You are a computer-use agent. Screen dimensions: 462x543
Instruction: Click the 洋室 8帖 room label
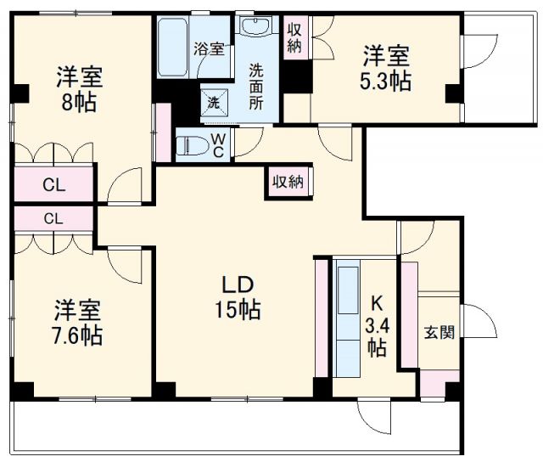tap(80, 88)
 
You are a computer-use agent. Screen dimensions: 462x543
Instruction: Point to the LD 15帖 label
tap(237, 298)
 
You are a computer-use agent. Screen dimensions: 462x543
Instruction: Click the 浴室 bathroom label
tap(209, 48)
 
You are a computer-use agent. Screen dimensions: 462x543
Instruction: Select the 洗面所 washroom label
tap(256, 83)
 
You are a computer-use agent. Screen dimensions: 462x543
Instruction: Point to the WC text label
tap(217, 145)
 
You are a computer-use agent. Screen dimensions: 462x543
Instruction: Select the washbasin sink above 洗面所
tap(255, 26)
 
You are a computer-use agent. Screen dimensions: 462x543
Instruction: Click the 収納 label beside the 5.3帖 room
tap(294, 38)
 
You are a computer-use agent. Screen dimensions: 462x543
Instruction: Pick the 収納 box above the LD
tap(288, 182)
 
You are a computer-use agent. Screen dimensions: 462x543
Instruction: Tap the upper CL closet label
tap(53, 184)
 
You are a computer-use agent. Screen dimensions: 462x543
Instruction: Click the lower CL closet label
tap(53, 218)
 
